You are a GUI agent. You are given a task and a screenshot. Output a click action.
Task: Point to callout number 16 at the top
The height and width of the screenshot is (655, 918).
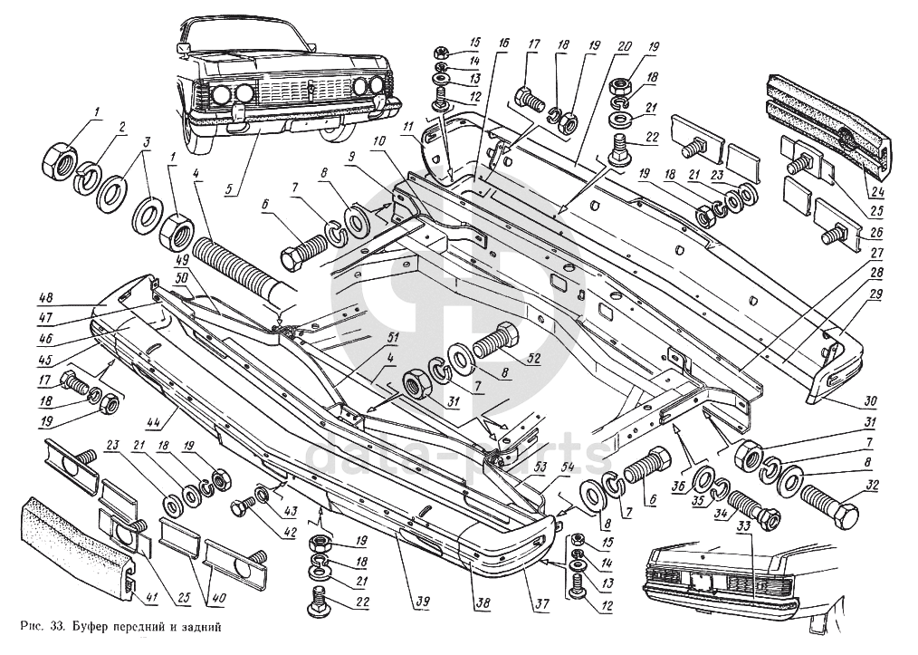(x=502, y=43)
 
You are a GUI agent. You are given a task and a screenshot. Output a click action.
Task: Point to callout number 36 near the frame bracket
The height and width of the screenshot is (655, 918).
(x=676, y=486)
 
